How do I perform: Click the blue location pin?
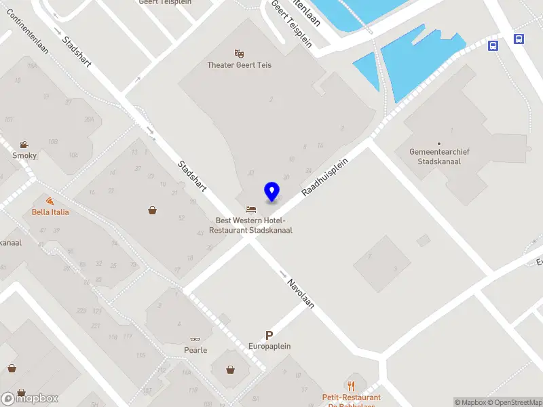click(271, 191)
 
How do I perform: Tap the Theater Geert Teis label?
click(239, 65)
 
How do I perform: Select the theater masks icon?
click(239, 53)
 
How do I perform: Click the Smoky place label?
click(24, 155)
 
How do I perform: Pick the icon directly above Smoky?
click(24, 144)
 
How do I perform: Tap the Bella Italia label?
click(50, 212)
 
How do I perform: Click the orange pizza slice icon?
click(50, 201)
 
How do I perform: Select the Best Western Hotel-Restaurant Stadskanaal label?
click(250, 225)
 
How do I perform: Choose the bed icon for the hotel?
click(250, 209)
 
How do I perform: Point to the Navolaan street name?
click(300, 293)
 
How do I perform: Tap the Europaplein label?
click(269, 346)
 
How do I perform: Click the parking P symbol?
click(269, 335)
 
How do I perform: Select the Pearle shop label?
click(195, 350)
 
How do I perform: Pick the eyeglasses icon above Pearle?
click(195, 339)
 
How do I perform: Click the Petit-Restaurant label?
click(351, 398)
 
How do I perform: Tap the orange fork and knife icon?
click(351, 385)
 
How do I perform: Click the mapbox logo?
click(30, 398)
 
